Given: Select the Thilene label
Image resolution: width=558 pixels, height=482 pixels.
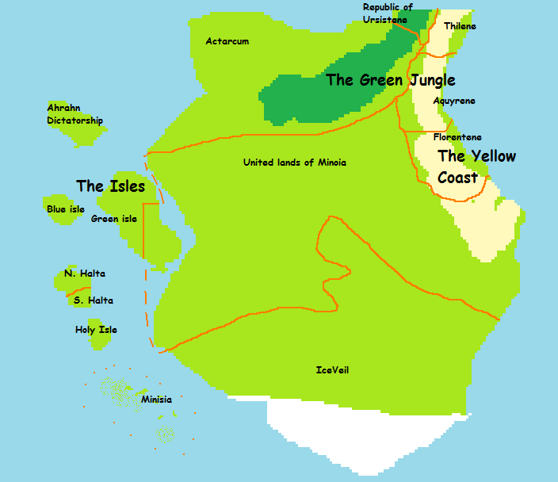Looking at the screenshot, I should [x=460, y=26].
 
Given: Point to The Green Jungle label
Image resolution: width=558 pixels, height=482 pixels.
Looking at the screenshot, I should [x=391, y=80].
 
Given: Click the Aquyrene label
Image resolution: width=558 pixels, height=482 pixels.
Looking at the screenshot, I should [x=454, y=101].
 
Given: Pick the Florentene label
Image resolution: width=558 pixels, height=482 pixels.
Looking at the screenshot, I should [x=457, y=137].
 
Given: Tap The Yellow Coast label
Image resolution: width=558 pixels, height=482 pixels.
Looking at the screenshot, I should [x=476, y=166].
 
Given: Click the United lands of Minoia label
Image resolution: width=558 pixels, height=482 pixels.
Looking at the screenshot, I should [x=294, y=163].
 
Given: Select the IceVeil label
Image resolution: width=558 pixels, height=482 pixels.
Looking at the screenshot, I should [x=332, y=369].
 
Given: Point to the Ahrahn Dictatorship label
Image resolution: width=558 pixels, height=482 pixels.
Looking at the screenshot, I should [x=75, y=114].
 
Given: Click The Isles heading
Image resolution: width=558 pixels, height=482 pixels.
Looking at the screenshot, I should [x=111, y=186].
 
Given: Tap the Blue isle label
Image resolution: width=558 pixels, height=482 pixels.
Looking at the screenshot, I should [x=66, y=209].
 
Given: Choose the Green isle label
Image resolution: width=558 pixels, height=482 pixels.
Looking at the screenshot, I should [x=114, y=219].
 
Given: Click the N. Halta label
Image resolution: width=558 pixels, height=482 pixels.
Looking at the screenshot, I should [x=85, y=274].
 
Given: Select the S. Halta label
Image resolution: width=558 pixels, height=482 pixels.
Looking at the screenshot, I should [x=93, y=300].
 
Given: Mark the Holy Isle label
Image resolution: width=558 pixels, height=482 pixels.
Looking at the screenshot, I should [x=96, y=330].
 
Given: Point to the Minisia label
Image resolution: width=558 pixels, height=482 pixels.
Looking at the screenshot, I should [x=156, y=400].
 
